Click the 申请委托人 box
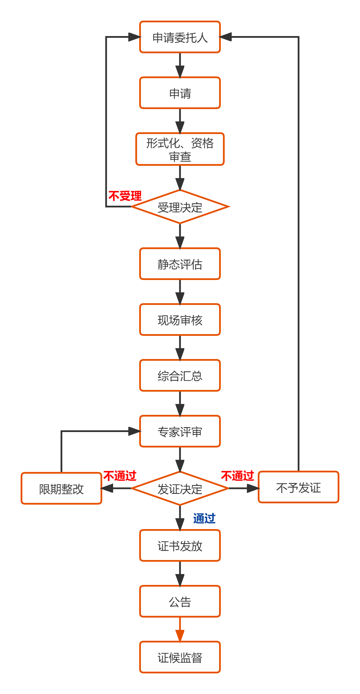[180, 37]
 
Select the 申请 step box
[180, 93]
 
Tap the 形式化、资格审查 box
[180, 149]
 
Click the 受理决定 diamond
[180, 207]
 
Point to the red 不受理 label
[125, 196]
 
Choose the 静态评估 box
[180, 264]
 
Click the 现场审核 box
[180, 320]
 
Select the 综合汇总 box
[180, 375]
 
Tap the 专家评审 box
[180, 431]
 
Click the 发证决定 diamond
[180, 488]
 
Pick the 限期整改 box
[62, 488]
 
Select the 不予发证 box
[298, 487]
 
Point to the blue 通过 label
[204, 518]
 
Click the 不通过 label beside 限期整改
[120, 476]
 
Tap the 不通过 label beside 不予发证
[238, 476]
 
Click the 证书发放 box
[180, 545]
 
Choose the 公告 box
[180, 601]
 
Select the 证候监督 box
[180, 657]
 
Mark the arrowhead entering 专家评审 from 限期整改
[135, 431]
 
